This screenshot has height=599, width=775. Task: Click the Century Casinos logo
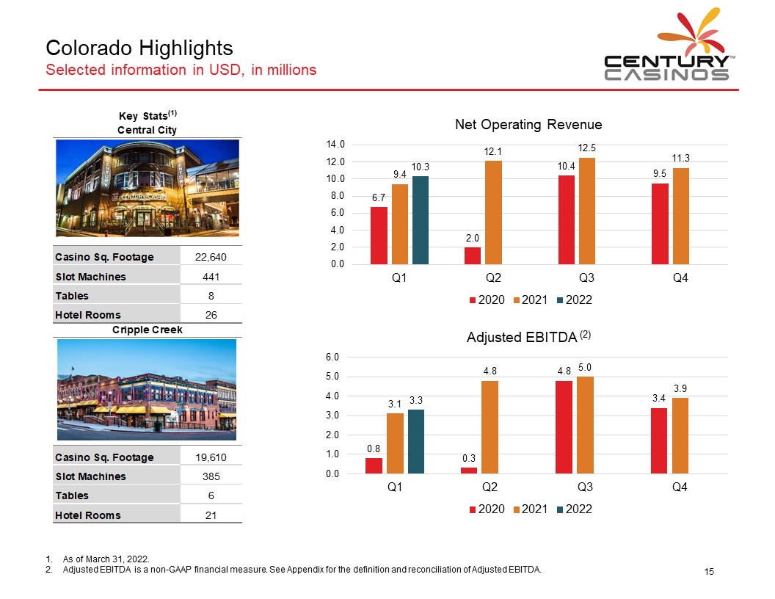point(668,45)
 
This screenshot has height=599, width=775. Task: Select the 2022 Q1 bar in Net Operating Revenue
point(421,220)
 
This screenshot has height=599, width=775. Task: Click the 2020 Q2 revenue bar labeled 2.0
point(473,255)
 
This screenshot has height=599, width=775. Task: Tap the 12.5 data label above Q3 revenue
point(586,148)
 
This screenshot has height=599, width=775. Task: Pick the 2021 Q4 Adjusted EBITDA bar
point(680,435)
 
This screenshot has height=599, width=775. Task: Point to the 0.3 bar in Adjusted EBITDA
point(469,471)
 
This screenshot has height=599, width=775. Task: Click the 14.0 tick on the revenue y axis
point(335,145)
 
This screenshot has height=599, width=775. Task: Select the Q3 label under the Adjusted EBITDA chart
point(585,487)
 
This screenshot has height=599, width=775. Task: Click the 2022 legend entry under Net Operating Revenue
point(575,300)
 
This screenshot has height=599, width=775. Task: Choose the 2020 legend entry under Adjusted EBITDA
point(487,509)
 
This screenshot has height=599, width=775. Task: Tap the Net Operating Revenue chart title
point(528,125)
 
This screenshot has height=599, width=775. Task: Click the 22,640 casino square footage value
point(211,257)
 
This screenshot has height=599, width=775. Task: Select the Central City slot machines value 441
point(211,277)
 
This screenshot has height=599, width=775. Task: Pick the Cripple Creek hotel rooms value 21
point(211,515)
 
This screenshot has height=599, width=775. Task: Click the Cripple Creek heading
point(148,330)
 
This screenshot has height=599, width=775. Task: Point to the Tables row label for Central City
point(72,296)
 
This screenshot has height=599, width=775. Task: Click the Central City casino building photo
point(148,188)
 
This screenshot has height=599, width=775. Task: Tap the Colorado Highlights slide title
point(139,48)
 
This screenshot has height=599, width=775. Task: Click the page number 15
point(709,571)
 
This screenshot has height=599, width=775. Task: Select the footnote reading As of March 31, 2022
point(106,559)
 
